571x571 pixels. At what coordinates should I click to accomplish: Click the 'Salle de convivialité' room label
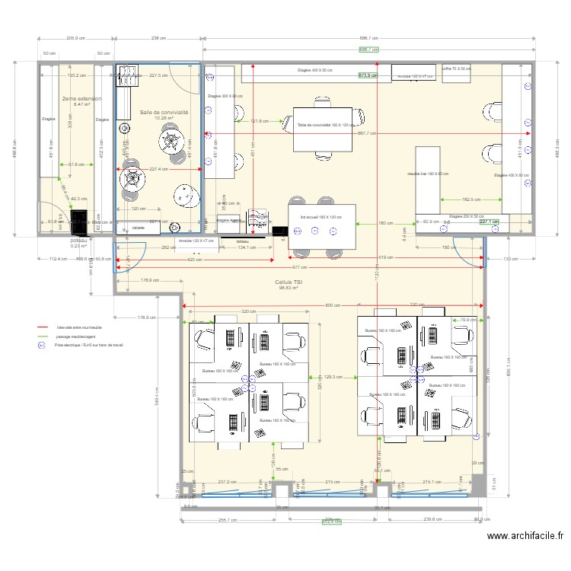pos(164,112)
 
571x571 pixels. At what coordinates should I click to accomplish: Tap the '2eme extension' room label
pos(81,99)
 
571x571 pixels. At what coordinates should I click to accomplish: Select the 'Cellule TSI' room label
pos(289,282)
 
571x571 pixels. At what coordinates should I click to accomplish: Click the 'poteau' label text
pos(79,239)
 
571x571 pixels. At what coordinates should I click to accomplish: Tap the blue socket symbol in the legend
pos(43,345)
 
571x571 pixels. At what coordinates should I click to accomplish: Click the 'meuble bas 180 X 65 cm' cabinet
pos(427,174)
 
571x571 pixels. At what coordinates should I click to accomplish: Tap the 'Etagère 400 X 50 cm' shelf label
pos(315,71)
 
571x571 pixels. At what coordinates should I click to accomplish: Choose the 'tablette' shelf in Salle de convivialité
pos(138,228)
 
